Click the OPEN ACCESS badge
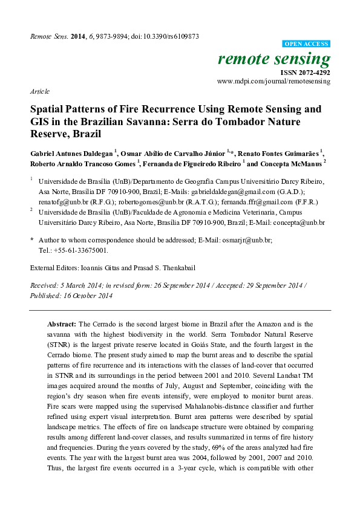click(x=307, y=44)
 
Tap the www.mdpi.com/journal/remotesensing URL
click(x=273, y=80)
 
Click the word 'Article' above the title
click(x=39, y=91)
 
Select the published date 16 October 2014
click(x=83, y=296)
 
